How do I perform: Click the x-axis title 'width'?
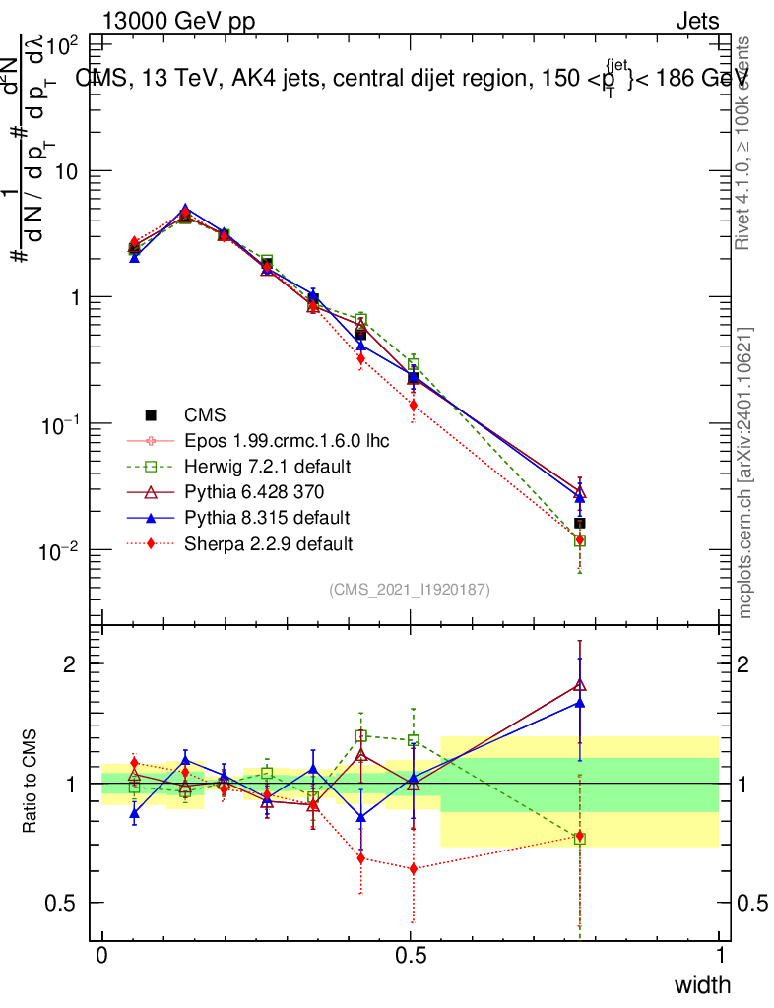tap(702, 985)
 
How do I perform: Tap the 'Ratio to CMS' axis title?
tap(31, 783)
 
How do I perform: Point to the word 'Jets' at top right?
tap(697, 22)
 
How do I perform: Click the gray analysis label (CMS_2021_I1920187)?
tap(410, 590)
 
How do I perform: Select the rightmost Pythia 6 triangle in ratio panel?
tap(580, 685)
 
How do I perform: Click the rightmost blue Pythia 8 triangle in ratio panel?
tap(580, 703)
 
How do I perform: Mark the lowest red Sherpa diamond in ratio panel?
tap(414, 868)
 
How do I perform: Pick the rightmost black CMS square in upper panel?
tap(580, 523)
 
